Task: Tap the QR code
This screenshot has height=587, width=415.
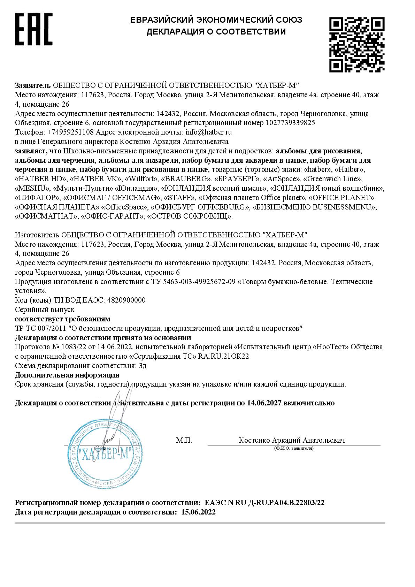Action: (x=357, y=44)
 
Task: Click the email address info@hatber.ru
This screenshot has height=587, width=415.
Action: (x=209, y=132)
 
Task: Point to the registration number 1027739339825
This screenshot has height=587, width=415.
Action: (x=290, y=123)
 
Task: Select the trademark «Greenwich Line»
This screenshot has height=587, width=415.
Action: (x=333, y=179)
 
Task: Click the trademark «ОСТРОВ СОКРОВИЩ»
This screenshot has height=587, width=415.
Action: (x=190, y=216)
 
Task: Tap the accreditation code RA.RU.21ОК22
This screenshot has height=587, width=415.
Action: (x=223, y=356)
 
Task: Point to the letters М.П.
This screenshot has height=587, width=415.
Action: (x=184, y=441)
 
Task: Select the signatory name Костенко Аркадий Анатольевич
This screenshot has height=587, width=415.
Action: (x=292, y=440)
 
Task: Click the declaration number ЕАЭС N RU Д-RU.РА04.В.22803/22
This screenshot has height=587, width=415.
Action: (x=265, y=503)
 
